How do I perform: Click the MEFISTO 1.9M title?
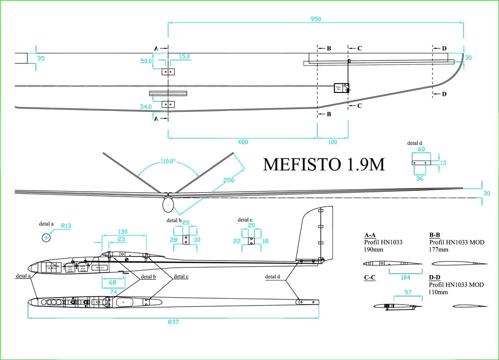324,164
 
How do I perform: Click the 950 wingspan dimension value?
315,18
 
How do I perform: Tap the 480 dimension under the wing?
242,142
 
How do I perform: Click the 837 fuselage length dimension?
172,322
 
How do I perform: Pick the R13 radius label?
66,226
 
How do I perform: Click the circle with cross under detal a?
46,238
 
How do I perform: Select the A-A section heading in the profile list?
370,234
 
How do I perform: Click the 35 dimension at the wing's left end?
41,58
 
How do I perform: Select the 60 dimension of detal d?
421,149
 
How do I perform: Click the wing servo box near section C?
341,88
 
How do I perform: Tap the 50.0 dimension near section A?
146,61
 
